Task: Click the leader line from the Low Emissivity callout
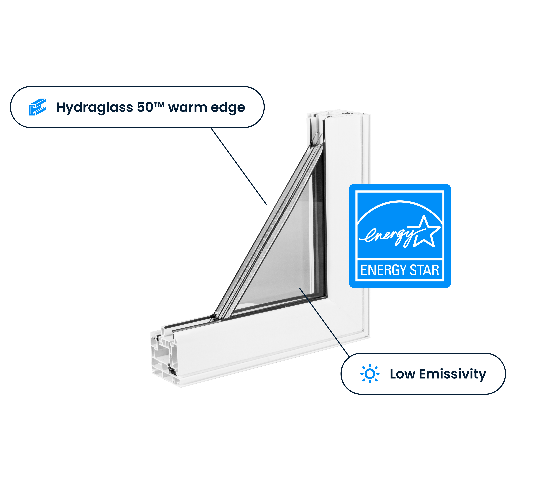pyautogui.click(x=324, y=322)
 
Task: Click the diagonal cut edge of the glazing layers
pyautogui.click(x=269, y=229)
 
